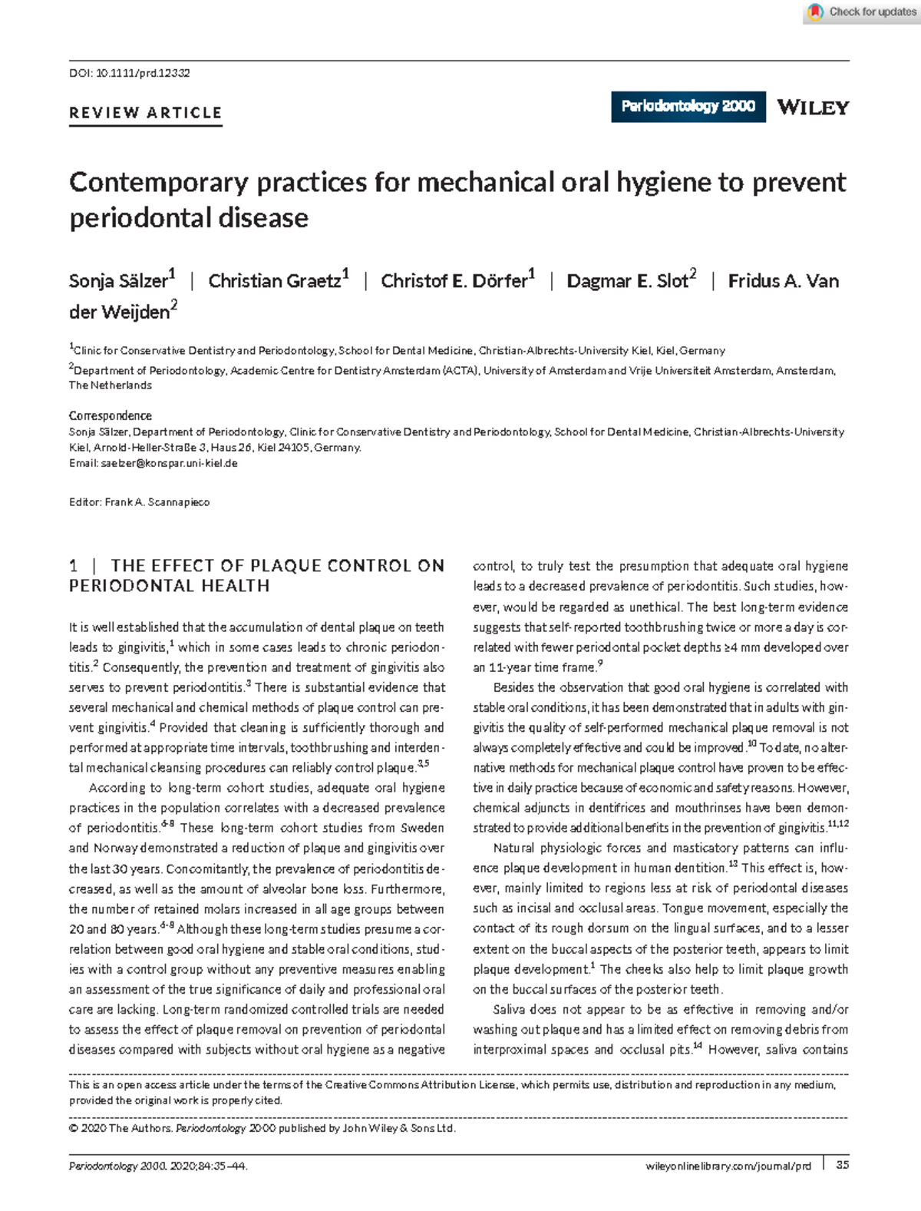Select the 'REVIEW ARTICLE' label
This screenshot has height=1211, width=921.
click(x=145, y=113)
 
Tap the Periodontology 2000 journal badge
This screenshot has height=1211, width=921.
click(x=688, y=107)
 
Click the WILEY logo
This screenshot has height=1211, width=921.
click(x=813, y=108)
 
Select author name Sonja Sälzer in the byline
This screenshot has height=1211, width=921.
click(x=118, y=281)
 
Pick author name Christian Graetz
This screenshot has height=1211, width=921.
click(x=274, y=281)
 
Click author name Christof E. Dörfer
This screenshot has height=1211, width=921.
click(x=454, y=281)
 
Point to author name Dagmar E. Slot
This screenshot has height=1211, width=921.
click(x=627, y=281)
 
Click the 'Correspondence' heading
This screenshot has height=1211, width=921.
click(x=111, y=415)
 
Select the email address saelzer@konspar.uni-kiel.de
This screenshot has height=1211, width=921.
click(x=169, y=463)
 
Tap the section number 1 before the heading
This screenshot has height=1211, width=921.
click(x=74, y=566)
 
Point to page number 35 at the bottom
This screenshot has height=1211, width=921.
click(x=842, y=1165)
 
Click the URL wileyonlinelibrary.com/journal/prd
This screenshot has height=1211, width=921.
click(x=728, y=1166)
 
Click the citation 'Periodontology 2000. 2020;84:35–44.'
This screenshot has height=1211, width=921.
click(x=157, y=1166)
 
